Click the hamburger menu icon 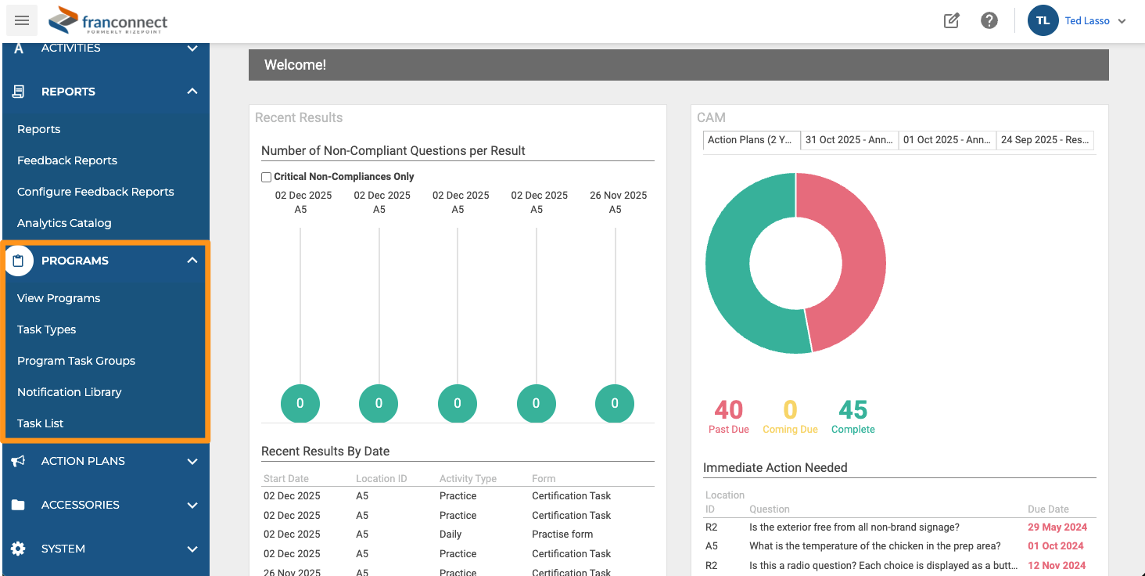pos(21,20)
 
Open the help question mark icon pos(989,20)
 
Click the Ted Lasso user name pos(1086,21)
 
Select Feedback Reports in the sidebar pos(67,160)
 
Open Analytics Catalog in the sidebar pos(64,223)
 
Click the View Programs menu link pos(59,298)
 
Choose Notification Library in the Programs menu pos(69,392)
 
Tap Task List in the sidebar pos(40,423)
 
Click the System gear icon pos(18,549)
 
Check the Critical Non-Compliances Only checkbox pos(267,177)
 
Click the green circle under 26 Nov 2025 pos(615,403)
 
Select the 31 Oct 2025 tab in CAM pos(849,140)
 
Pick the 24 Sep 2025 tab pos(1045,140)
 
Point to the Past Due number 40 pos(728,410)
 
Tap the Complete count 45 pos(852,410)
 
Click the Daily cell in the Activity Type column pos(450,534)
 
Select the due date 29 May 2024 pos(1057,527)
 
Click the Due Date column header pos(1048,509)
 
